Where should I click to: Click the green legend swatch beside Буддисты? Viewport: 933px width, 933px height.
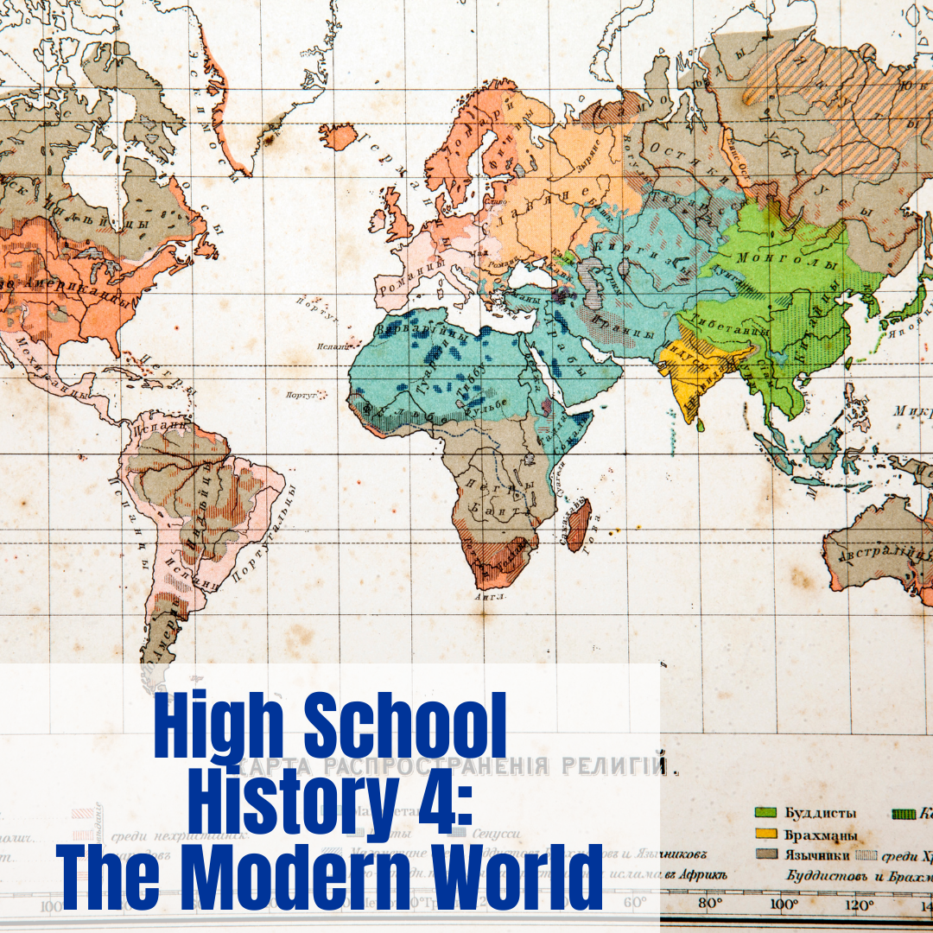point(765,813)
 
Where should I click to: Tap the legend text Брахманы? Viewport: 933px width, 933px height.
point(821,835)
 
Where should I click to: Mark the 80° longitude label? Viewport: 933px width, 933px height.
point(709,904)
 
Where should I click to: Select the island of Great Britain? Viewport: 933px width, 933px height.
point(399,216)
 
